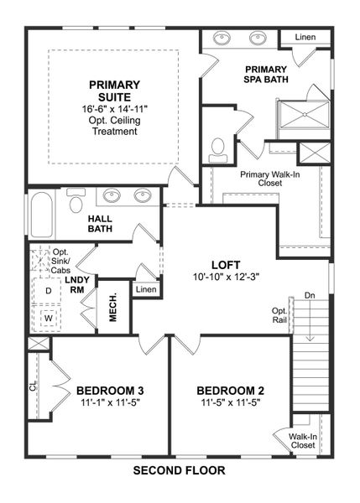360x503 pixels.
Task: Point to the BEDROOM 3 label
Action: tap(109, 391)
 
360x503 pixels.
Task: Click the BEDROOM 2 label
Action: tap(230, 391)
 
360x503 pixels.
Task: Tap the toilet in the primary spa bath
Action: tap(218, 148)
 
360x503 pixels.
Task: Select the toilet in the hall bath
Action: tap(76, 203)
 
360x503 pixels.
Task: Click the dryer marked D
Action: tap(48, 290)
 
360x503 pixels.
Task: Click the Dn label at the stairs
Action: tap(308, 295)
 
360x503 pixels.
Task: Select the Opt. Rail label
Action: tap(279, 315)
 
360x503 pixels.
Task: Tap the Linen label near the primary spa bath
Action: tap(305, 37)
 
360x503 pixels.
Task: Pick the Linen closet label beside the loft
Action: tap(146, 289)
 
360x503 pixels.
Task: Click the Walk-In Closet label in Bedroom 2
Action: tap(303, 441)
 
